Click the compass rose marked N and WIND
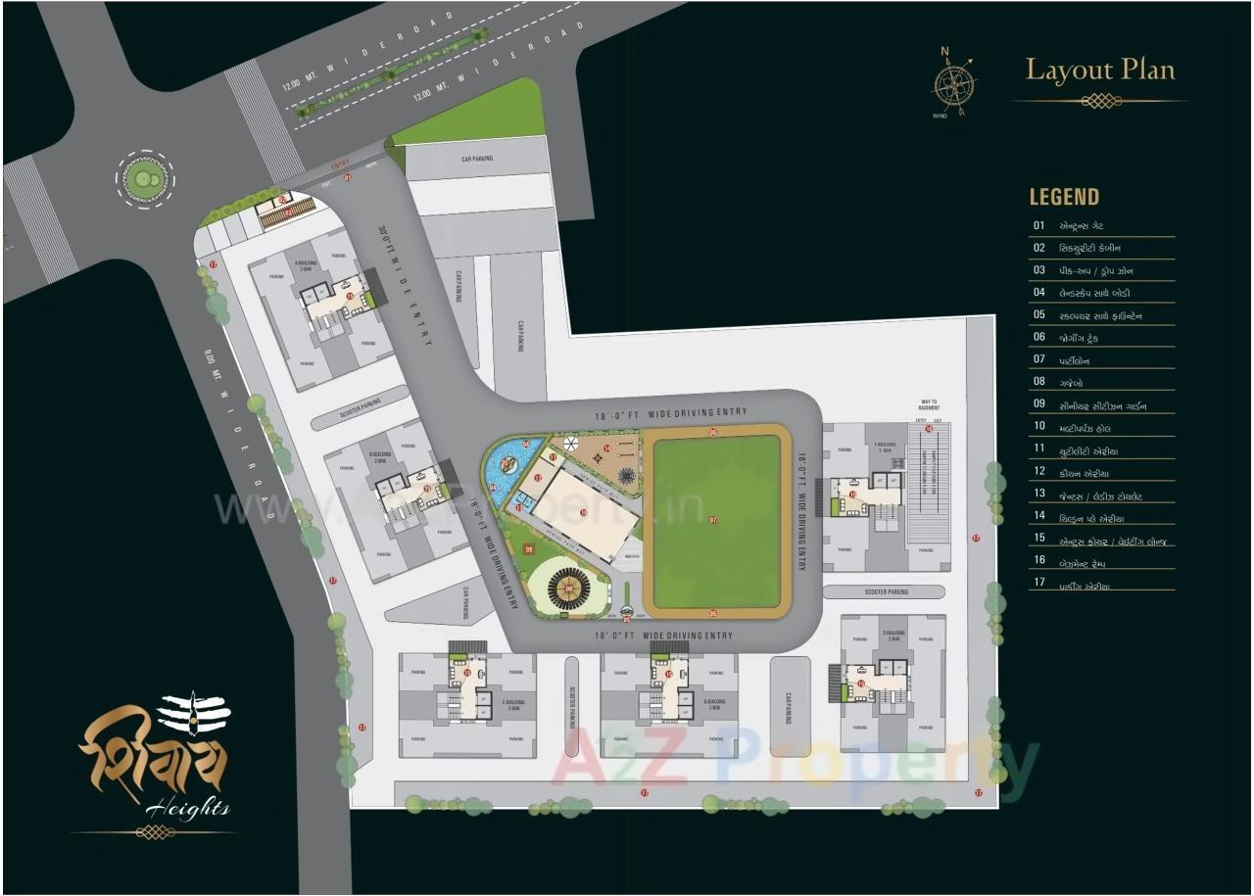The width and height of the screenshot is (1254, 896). coord(953,83)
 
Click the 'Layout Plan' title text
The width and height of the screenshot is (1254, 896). coord(1099,71)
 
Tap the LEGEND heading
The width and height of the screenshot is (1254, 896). coord(1064,197)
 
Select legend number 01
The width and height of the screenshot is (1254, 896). coord(1038,225)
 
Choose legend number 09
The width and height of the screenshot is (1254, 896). coord(1038,404)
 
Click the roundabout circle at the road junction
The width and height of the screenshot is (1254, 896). coord(144,178)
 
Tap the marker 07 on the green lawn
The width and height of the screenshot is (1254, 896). coord(713,520)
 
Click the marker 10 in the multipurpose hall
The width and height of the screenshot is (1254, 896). coord(583,512)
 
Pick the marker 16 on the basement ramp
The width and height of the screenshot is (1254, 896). coord(929,428)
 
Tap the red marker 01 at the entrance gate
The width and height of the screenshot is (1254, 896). coord(348,177)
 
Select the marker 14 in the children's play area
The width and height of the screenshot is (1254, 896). coord(607,449)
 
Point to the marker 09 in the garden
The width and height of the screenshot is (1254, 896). coord(529,550)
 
